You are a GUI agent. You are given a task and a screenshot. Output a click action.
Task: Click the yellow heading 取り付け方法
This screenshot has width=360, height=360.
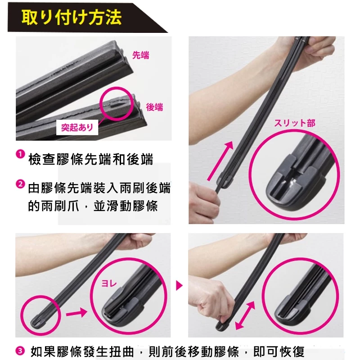click(x=72, y=17)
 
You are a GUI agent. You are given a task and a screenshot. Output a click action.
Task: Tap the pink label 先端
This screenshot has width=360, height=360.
click(x=141, y=55)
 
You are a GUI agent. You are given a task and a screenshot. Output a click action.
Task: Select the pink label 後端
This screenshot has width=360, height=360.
click(x=154, y=107)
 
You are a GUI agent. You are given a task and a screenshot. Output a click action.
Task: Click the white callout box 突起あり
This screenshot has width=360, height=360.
click(x=77, y=127)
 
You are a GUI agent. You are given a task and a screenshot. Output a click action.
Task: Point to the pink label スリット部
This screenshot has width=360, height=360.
click(x=295, y=123)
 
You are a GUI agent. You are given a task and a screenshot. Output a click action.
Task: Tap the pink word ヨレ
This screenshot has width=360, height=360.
click(x=109, y=284)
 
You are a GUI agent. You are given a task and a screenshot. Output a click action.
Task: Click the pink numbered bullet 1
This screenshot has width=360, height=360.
click(x=20, y=154)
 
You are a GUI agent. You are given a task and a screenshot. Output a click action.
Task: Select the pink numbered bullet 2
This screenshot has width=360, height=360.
click(x=20, y=184)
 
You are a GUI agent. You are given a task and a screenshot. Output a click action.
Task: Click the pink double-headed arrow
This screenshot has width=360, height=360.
click(x=245, y=316)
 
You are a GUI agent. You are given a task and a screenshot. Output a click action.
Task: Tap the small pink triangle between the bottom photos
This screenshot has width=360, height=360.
click(x=179, y=286)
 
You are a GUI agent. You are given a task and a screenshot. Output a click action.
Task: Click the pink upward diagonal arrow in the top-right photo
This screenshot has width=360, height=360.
click(x=220, y=161)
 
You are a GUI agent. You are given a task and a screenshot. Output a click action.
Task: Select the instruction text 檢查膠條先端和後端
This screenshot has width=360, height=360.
click(x=91, y=159)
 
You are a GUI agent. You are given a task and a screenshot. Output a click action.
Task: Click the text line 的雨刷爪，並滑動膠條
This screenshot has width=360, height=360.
click(x=93, y=205)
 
